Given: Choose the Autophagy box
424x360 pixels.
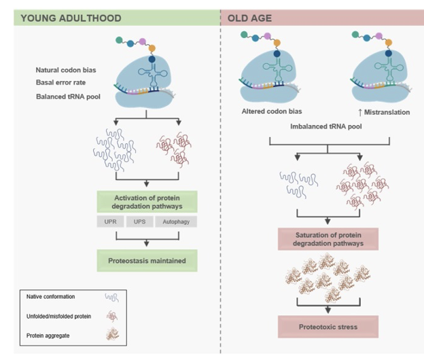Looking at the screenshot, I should [176, 222].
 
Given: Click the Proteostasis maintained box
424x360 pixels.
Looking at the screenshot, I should [147, 260].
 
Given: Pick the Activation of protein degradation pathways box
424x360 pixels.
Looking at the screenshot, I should [147, 202].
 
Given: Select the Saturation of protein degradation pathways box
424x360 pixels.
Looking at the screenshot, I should [328, 239].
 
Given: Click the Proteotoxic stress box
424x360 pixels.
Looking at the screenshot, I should [328, 327].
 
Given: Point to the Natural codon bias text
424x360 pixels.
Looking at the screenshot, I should [67, 70].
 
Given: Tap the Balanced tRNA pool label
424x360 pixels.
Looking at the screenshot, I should [67, 96].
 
